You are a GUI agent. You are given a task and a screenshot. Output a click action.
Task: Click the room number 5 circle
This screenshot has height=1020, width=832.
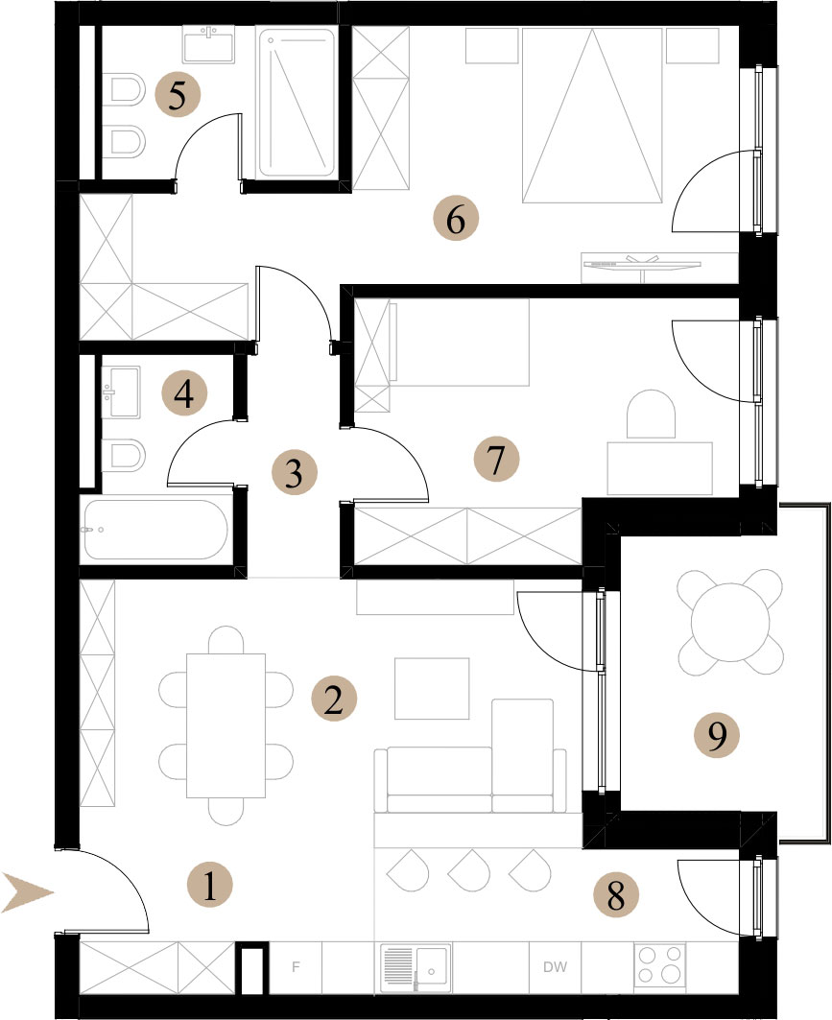(x=178, y=95)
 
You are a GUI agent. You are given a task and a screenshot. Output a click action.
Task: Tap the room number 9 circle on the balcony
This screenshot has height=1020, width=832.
(x=716, y=736)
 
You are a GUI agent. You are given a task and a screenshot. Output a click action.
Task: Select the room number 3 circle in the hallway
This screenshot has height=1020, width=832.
(x=294, y=472)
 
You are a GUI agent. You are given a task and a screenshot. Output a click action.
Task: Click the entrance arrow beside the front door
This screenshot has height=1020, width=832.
(x=27, y=891)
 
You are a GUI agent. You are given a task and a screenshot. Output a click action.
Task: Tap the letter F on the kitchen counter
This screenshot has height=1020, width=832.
(x=296, y=967)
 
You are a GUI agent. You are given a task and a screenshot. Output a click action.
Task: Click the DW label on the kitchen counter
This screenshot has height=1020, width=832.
(x=555, y=967)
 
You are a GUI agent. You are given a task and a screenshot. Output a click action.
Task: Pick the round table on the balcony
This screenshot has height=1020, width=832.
(x=730, y=621)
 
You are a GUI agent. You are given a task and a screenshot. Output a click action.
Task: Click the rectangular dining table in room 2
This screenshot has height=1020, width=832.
(x=226, y=725)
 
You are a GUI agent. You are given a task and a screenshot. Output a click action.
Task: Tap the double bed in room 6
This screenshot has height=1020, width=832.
(x=593, y=115)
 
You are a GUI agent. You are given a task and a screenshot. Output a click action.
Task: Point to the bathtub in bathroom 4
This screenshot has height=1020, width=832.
(x=156, y=530)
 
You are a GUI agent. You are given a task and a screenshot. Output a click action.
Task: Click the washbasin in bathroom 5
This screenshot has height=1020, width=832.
(x=208, y=45)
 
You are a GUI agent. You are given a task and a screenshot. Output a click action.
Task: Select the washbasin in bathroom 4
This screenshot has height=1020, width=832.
(x=121, y=391)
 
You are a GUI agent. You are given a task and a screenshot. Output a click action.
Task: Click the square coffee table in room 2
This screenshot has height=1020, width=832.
(x=432, y=688)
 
